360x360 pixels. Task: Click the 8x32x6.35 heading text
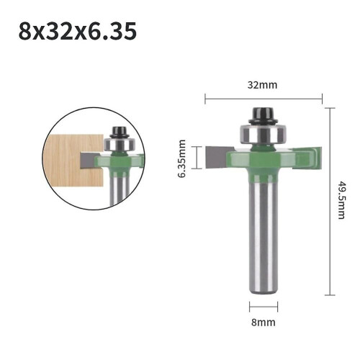78,31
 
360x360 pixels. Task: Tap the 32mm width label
262,85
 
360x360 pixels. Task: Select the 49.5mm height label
341,200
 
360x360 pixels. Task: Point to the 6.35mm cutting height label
181,158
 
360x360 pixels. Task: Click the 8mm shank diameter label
264,323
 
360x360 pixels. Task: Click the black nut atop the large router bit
263,116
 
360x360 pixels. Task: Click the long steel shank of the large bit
264,238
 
